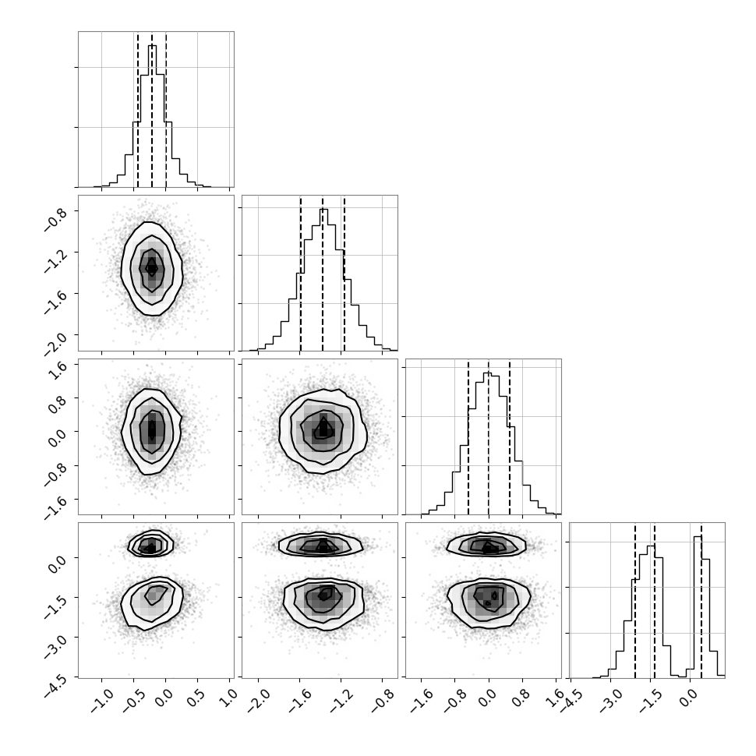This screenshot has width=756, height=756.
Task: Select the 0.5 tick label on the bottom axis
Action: tap(196, 698)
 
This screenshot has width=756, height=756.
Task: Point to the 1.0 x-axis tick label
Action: tap(228, 698)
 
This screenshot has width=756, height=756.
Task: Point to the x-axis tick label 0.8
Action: tap(522, 698)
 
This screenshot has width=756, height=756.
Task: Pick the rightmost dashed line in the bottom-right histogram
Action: tap(701, 600)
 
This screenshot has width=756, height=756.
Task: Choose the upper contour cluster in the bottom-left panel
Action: tap(150, 544)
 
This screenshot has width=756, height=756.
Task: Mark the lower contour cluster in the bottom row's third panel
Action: tap(489, 599)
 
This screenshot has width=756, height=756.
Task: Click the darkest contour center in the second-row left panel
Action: tap(152, 267)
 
